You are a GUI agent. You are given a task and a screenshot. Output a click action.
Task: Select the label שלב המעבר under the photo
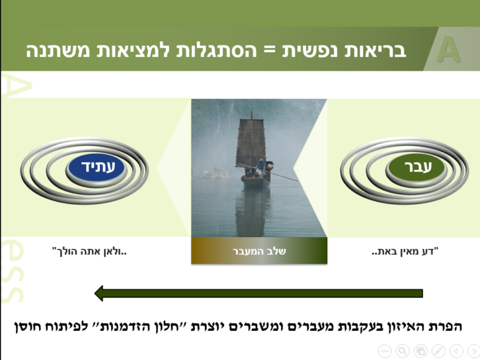[x=259, y=251]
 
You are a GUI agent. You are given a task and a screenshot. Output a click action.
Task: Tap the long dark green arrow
[x=258, y=293]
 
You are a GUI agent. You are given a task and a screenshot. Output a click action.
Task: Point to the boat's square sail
[x=250, y=143]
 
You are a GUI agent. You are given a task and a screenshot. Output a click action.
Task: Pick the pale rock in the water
[x=214, y=173]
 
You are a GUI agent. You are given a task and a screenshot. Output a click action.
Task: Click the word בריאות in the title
[x=380, y=50]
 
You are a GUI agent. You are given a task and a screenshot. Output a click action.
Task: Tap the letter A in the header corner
[x=449, y=51]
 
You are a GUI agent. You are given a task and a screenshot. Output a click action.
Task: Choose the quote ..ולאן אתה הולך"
[x=89, y=251]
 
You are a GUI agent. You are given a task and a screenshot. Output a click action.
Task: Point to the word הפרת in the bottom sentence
[x=442, y=327]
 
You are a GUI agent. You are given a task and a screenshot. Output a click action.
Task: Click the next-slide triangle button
[x=473, y=351]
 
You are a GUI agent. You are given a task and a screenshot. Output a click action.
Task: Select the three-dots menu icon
[x=385, y=351]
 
